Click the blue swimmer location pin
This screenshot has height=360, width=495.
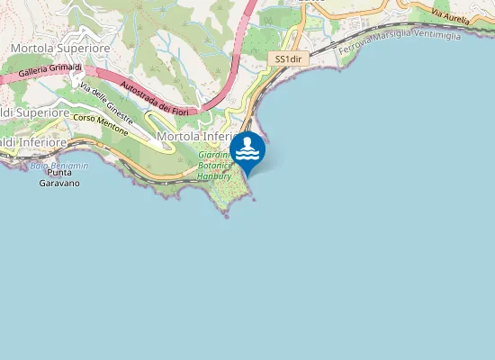click(x=247, y=150)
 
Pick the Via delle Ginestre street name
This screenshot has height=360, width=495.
click(x=107, y=103)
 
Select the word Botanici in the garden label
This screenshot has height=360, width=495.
click(x=216, y=166)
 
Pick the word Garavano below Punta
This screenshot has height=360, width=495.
click(x=59, y=183)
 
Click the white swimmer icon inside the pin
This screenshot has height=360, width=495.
click(x=247, y=146)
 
